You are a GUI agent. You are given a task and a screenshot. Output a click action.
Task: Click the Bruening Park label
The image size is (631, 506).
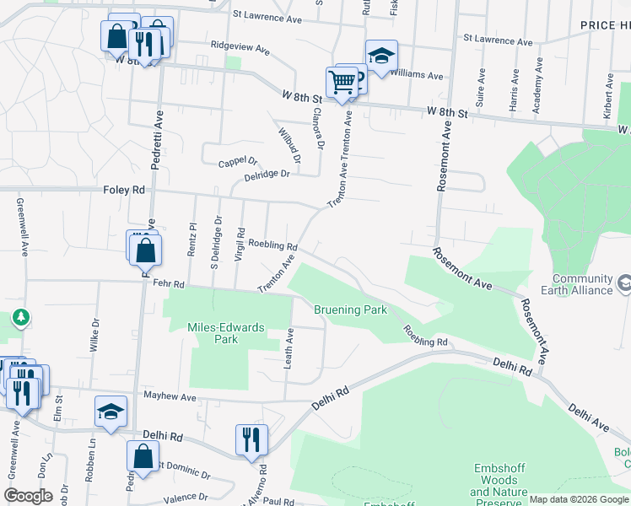[x=350, y=310]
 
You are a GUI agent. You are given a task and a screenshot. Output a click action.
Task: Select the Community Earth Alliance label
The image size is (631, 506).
[x=582, y=284]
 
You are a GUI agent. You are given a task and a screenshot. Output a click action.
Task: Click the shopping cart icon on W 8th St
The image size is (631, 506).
[x=342, y=83]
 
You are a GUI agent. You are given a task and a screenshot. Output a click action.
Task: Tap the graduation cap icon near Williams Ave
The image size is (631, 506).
[x=381, y=56]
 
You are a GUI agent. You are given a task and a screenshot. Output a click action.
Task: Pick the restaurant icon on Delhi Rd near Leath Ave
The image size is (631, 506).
[x=251, y=439]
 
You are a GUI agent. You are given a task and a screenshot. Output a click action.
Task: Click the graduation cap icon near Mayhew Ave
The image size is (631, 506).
[x=111, y=412]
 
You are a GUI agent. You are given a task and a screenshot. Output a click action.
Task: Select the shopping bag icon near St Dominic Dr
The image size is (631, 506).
[x=143, y=456]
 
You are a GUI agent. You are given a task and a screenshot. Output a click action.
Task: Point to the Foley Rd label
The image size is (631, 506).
[x=124, y=191]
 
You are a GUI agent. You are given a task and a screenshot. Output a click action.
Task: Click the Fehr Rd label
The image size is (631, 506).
[x=168, y=285]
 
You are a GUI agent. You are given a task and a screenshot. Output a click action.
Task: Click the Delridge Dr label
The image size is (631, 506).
[x=267, y=175]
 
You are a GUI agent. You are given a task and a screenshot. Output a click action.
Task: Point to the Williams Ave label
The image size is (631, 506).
[x=422, y=76]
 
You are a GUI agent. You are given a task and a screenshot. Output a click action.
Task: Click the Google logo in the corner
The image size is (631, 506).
[x=28, y=495]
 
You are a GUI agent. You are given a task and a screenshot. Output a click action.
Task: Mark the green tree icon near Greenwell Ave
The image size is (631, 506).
[x=21, y=318]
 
